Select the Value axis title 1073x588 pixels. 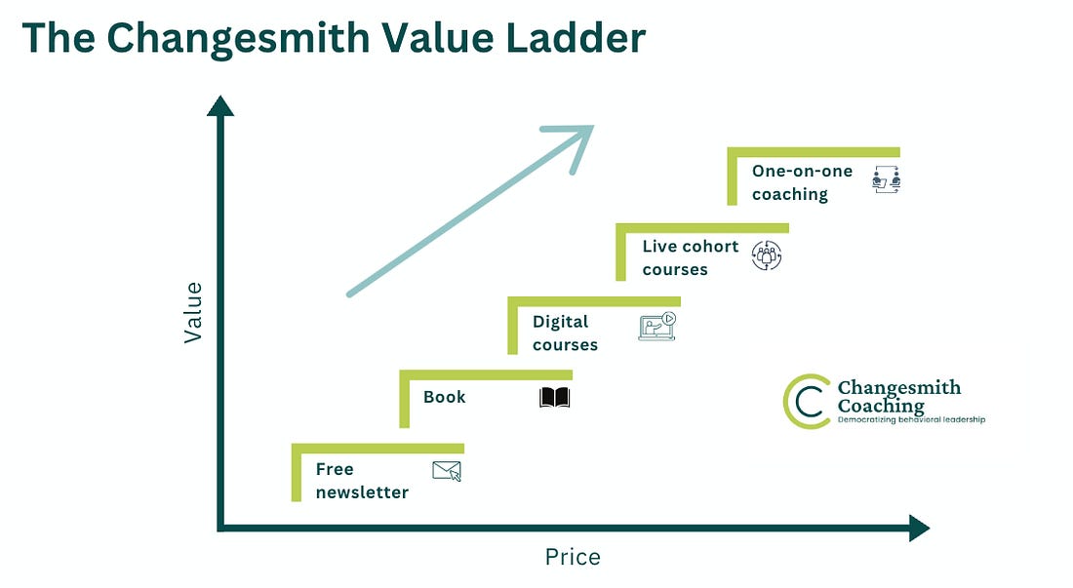(193, 312)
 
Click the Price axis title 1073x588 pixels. (573, 558)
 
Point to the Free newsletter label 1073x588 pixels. (362, 481)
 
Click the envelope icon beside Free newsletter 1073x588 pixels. (447, 471)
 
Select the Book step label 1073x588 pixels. (445, 397)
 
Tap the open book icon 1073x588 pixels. (554, 397)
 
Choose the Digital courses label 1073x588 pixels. (565, 333)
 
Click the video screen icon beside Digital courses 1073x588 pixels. (656, 326)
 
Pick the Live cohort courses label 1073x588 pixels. (690, 257)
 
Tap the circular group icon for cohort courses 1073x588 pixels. (767, 255)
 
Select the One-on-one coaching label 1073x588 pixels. (802, 182)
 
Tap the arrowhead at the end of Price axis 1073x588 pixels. (919, 528)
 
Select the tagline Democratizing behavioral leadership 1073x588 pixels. (912, 420)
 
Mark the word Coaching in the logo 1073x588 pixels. (881, 405)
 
